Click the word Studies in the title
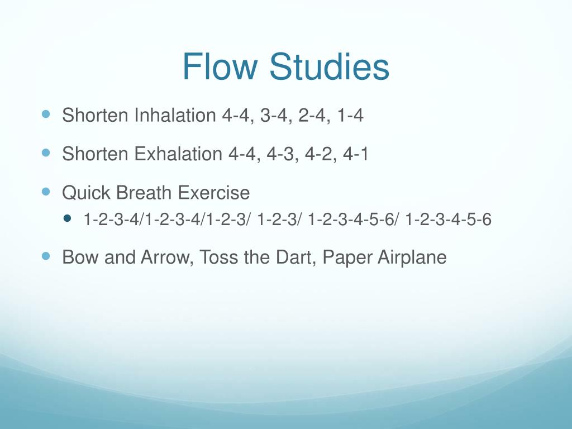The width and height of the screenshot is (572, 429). (329, 68)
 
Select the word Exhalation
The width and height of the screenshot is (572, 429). (178, 154)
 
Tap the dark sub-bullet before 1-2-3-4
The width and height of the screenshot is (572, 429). (68, 219)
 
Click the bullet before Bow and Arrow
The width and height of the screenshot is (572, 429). (46, 256)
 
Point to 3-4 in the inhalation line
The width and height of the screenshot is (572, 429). (274, 116)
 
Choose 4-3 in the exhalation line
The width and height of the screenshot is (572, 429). (280, 154)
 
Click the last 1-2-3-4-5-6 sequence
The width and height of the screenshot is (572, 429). (449, 220)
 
